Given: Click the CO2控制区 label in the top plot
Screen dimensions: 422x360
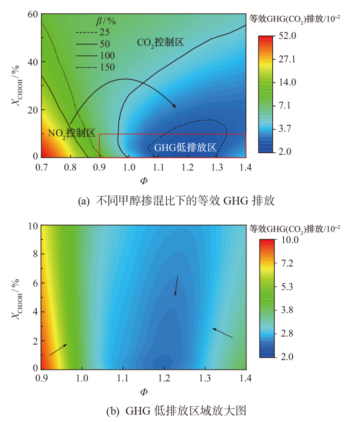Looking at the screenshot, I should (x=160, y=42).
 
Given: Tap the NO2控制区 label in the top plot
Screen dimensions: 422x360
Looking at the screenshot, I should (x=72, y=133).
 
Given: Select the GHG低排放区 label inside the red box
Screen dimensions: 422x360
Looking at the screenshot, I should (x=185, y=148).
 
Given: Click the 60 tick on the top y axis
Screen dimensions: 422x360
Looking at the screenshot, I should (x=31, y=15).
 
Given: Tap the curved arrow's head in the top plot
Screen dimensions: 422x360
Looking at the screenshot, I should (x=174, y=106).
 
